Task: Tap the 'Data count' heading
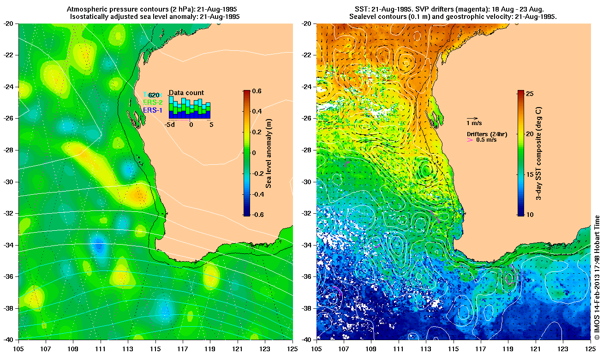coord(186,93)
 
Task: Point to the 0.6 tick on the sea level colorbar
coord(257,91)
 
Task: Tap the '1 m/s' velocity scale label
coord(474,123)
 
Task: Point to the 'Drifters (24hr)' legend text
coord(487,134)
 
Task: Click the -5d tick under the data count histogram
coord(170,125)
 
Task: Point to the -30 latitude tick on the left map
coord(9,182)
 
